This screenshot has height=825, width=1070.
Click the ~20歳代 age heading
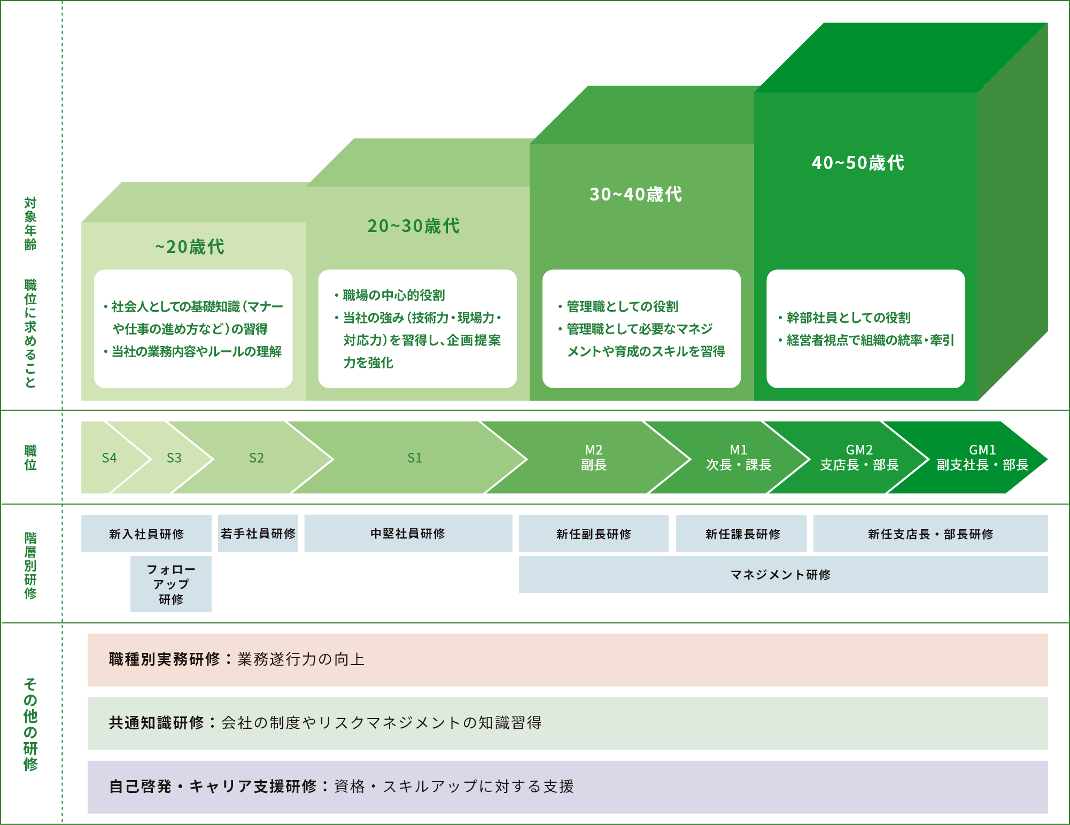tap(190, 247)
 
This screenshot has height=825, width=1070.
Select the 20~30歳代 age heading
tap(414, 226)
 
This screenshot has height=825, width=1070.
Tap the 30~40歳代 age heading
tap(636, 195)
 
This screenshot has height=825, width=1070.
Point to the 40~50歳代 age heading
tap(858, 163)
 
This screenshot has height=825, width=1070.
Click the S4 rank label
tap(109, 458)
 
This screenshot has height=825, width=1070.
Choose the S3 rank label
tap(174, 458)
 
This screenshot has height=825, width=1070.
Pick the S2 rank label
tap(257, 458)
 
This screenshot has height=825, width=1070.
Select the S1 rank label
tap(415, 458)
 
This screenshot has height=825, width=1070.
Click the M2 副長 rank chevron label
tap(594, 458)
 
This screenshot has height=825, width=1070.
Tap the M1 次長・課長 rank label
tap(739, 458)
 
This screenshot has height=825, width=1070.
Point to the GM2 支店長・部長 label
tap(859, 458)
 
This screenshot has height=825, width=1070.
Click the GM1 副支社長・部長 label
tap(982, 458)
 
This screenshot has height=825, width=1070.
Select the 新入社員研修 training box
tap(146, 534)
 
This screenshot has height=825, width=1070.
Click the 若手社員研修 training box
tap(258, 534)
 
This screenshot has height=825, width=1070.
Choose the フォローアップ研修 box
tap(171, 584)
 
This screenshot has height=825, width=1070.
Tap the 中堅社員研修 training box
tap(408, 534)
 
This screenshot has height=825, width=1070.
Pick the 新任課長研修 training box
tap(741, 534)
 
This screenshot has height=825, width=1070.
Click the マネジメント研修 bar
tap(784, 575)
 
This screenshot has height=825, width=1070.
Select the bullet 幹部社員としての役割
tap(844, 318)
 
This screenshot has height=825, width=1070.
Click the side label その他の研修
tap(30, 724)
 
